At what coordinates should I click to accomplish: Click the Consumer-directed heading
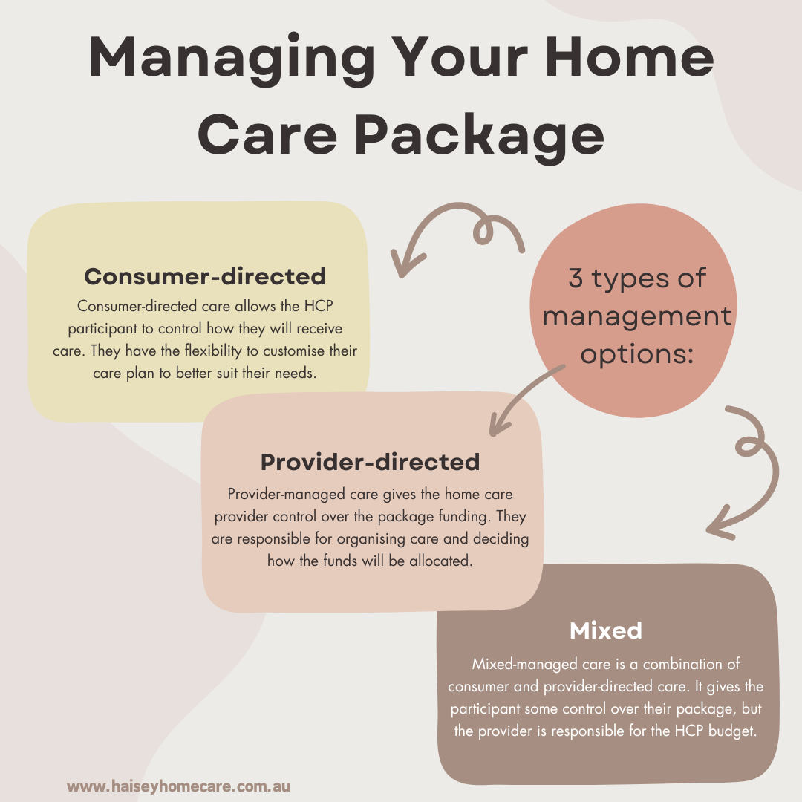[x=205, y=276]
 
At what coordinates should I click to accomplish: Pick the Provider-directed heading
[x=370, y=462]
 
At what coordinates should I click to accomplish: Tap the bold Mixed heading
[x=605, y=630]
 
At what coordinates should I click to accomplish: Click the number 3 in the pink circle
[x=578, y=278]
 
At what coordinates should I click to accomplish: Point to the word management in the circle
[x=636, y=316]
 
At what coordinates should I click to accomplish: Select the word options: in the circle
[x=636, y=354]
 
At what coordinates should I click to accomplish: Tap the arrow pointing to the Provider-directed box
[x=520, y=401]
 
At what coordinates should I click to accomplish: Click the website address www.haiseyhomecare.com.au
[x=178, y=786]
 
